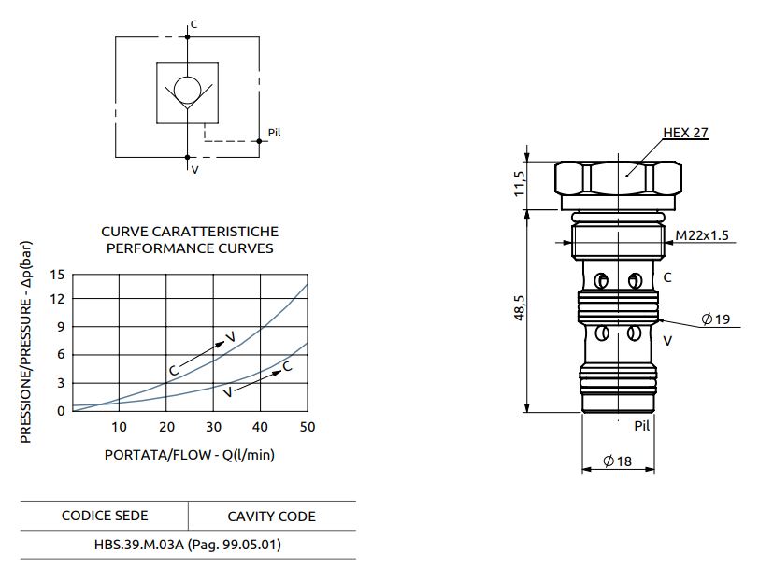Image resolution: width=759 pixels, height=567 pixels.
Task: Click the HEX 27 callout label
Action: pyautogui.click(x=685, y=133)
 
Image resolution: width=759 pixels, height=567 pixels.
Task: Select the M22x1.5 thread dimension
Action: pyautogui.click(x=703, y=234)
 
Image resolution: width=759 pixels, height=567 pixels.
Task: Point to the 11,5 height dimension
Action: pyautogui.click(x=520, y=184)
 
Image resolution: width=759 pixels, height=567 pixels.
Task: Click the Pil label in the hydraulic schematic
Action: pyautogui.click(x=274, y=132)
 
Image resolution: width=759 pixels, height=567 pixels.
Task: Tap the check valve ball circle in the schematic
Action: pyautogui.click(x=188, y=90)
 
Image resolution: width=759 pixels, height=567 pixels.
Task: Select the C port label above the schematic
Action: pyautogui.click(x=193, y=24)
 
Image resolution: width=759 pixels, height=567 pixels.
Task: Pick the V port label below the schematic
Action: pyautogui.click(x=194, y=170)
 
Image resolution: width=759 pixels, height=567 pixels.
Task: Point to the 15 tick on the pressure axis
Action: pyautogui.click(x=58, y=275)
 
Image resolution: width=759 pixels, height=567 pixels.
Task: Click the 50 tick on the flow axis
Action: pyautogui.click(x=307, y=427)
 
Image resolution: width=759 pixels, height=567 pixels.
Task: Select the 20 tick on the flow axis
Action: pyautogui.click(x=166, y=427)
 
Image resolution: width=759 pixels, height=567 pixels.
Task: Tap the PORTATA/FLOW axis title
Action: pyautogui.click(x=190, y=456)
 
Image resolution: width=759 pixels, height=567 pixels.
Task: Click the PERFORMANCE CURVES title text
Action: pyautogui.click(x=190, y=248)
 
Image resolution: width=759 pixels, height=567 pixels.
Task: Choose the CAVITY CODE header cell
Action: pyautogui.click(x=271, y=517)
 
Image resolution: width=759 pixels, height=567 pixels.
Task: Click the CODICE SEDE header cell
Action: pyautogui.click(x=105, y=516)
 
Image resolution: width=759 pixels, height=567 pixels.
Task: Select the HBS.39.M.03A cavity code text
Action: pyautogui.click(x=188, y=544)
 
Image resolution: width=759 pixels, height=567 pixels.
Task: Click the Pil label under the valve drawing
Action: pyautogui.click(x=641, y=426)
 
